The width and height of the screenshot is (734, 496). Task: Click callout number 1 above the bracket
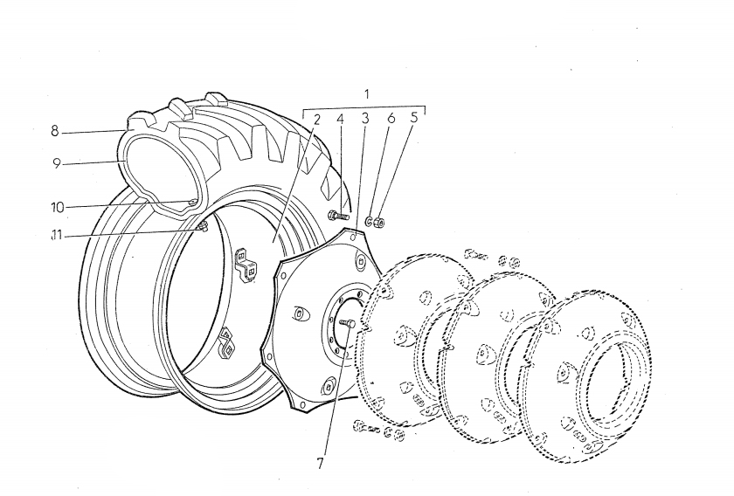pos(366,94)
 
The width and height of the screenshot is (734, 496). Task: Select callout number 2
pos(316,120)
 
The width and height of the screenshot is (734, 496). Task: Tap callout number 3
pos(365,119)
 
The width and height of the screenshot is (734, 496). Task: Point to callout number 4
pos(340,120)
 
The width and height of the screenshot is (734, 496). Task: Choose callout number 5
pos(413,117)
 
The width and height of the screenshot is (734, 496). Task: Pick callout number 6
pos(391,118)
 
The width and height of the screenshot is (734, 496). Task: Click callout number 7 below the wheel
pos(320,463)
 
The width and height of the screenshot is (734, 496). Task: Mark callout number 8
pos(55,132)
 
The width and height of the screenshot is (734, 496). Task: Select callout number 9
pos(57,163)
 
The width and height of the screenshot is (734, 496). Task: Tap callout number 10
pos(57,207)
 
